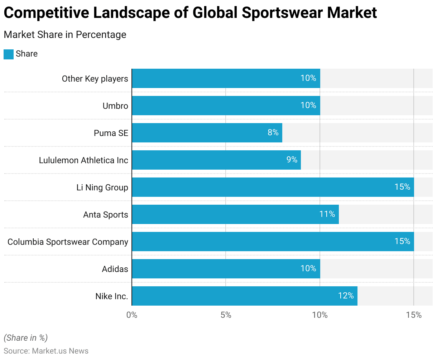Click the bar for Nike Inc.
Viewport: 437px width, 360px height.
pyautogui.click(x=245, y=296)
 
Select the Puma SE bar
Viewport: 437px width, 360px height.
pyautogui.click(x=207, y=133)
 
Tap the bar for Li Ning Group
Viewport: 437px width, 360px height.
pyautogui.click(x=273, y=187)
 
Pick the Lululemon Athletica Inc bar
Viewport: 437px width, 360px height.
pyautogui.click(x=216, y=160)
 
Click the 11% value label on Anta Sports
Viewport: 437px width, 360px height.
pyautogui.click(x=327, y=214)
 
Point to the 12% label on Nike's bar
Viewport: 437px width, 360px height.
pyautogui.click(x=346, y=296)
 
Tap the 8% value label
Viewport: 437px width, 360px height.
pyautogui.click(x=273, y=132)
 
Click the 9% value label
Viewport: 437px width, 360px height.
pyautogui.click(x=292, y=160)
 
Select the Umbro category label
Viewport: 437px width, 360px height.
pyautogui.click(x=115, y=106)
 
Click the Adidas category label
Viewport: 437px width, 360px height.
pyautogui.click(x=115, y=269)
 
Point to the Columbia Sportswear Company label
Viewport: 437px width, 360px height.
pyautogui.click(x=68, y=242)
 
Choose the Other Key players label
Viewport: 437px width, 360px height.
pyautogui.click(x=95, y=79)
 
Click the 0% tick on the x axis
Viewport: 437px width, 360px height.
pyautogui.click(x=132, y=315)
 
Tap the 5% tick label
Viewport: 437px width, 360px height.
pyautogui.click(x=226, y=315)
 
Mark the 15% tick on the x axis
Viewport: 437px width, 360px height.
pyautogui.click(x=414, y=315)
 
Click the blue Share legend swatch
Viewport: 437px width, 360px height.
pyautogui.click(x=9, y=54)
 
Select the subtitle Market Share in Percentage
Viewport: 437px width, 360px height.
pyautogui.click(x=65, y=35)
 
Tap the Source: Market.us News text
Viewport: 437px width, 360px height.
pyautogui.click(x=46, y=351)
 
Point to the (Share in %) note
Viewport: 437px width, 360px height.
pyautogui.click(x=25, y=338)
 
